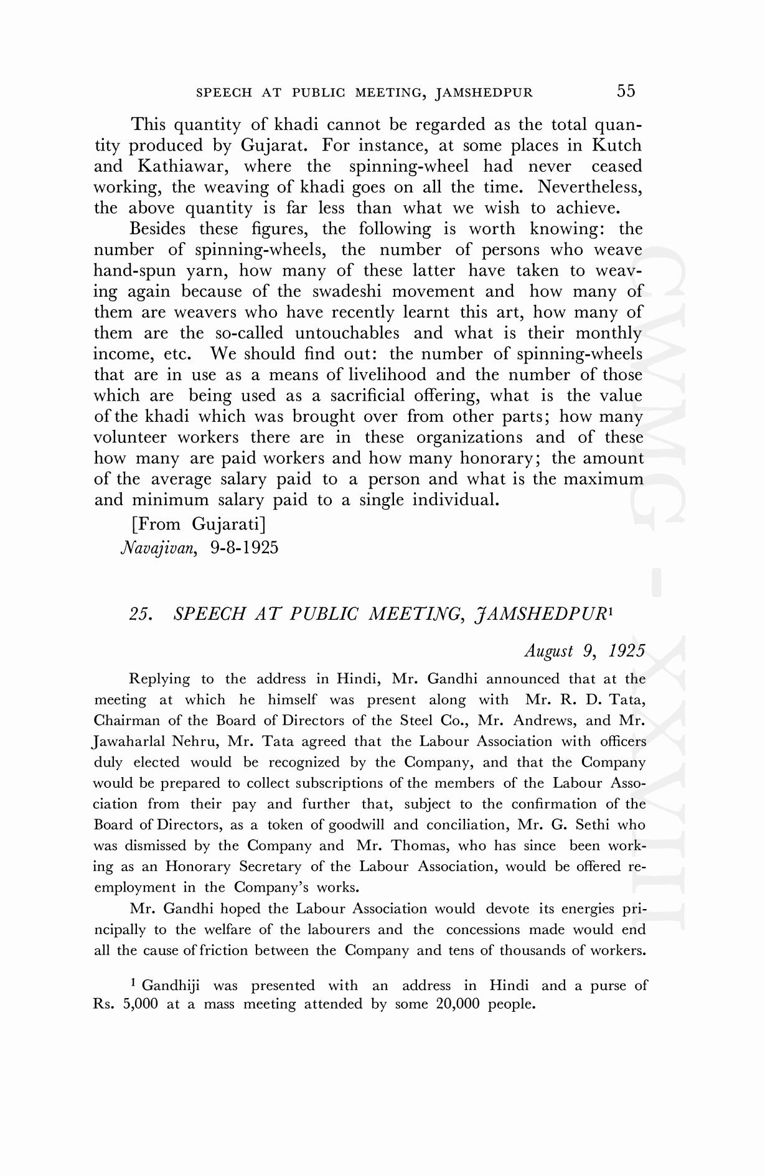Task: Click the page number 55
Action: [x=626, y=91]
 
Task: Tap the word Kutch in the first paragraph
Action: [x=616, y=146]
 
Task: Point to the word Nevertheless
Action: [x=589, y=187]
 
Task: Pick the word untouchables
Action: [x=347, y=334]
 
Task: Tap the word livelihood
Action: [x=387, y=375]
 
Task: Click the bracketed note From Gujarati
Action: [x=199, y=525]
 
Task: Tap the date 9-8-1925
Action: [x=244, y=548]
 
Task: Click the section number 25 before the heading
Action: [x=140, y=614]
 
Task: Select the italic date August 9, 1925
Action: [x=584, y=651]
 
